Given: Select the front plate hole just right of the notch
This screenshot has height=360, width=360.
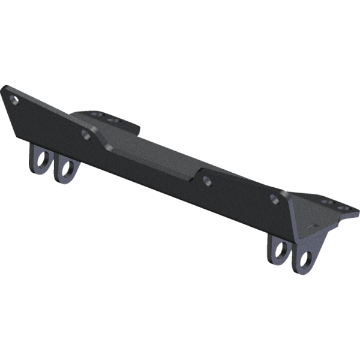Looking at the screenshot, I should click(x=207, y=179).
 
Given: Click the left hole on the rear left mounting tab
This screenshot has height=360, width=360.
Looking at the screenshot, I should click(x=96, y=113).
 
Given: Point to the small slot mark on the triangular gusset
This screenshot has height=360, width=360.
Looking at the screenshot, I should click(x=310, y=227).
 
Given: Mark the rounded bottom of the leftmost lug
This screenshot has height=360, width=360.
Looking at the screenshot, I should click(x=38, y=172).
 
